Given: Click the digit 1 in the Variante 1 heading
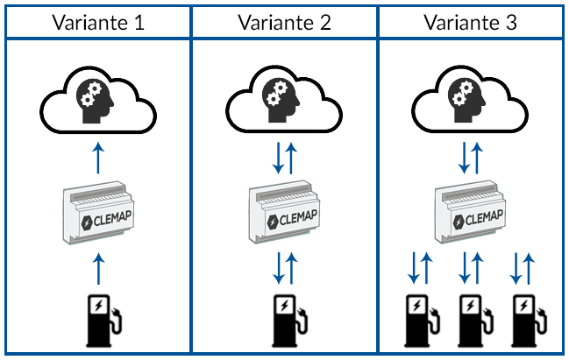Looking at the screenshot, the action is [x=139, y=23].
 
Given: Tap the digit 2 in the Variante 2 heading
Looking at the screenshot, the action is [x=324, y=23].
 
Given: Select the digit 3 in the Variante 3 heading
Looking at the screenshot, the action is [x=511, y=23].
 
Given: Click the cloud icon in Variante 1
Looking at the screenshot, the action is [x=98, y=101].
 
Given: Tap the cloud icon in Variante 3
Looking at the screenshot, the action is [x=470, y=101].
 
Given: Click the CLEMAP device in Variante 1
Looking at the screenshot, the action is [x=98, y=213].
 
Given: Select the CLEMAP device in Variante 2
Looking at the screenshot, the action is [x=284, y=212].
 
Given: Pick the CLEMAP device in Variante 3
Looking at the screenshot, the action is [x=470, y=212].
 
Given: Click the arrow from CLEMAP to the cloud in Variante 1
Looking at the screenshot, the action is [x=98, y=159].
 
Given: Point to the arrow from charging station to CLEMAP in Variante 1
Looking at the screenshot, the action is [x=98, y=269].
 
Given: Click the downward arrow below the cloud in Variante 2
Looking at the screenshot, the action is [x=278, y=158].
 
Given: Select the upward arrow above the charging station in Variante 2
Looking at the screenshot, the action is [x=291, y=268].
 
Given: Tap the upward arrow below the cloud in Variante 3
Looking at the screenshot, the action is [x=477, y=158].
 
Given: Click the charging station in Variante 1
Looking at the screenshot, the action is [x=103, y=321].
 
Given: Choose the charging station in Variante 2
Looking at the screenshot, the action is [x=289, y=321].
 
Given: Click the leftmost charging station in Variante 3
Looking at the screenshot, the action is [x=422, y=321].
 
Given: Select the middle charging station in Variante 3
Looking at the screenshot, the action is [x=476, y=321].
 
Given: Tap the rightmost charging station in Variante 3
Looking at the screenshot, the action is [x=529, y=321].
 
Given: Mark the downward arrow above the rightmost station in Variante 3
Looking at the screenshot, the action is [x=516, y=268].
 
